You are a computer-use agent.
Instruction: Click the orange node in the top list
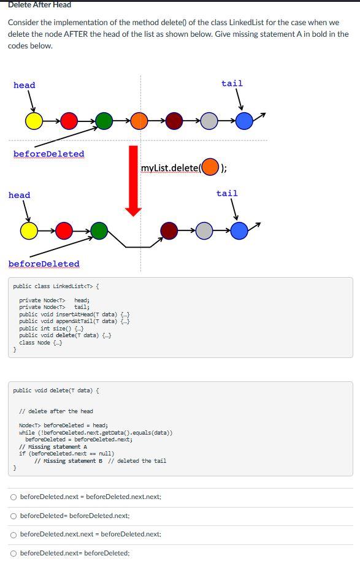coord(140,121)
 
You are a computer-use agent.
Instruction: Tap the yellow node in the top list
coord(34,121)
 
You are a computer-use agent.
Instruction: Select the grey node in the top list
coord(210,121)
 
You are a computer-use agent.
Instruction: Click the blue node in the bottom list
coord(240,231)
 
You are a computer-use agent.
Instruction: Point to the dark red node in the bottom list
coord(169,231)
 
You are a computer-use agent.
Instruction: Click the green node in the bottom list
coord(99,231)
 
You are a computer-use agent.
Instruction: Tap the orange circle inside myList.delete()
coord(210,167)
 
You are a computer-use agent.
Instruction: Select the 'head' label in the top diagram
coord(25,85)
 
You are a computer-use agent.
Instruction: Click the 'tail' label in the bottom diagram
coord(227,193)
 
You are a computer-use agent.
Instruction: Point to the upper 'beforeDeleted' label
coord(49,154)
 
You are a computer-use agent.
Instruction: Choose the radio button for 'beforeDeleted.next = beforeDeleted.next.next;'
coord(13,497)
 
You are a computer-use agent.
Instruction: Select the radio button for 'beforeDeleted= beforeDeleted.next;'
coord(13,516)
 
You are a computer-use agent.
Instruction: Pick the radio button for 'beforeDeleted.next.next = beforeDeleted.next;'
coord(13,535)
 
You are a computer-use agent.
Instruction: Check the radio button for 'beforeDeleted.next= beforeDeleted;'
coord(13,553)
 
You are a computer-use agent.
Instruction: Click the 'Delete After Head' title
coord(39,5)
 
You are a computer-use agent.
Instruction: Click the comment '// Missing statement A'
coord(53,447)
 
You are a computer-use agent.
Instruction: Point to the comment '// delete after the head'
coord(56,411)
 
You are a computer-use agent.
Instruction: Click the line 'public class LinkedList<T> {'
coord(56,286)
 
